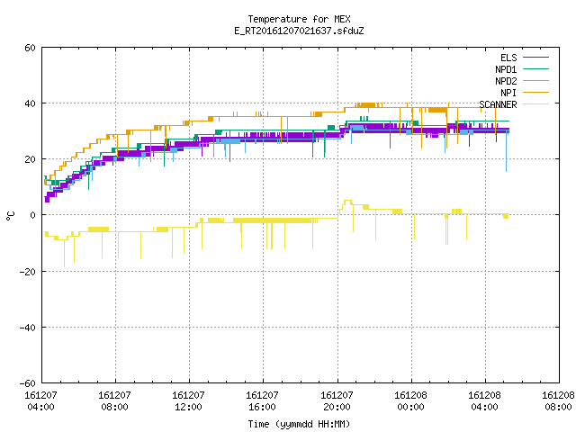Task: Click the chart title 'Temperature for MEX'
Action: (x=299, y=19)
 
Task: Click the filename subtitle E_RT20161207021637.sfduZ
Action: (x=299, y=31)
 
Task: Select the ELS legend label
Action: (x=508, y=58)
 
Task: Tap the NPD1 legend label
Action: (x=506, y=69)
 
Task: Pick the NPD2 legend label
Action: (x=506, y=81)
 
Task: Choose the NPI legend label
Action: (x=508, y=93)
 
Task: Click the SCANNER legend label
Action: (x=498, y=104)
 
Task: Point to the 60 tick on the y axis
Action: (x=30, y=48)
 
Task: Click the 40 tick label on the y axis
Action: (x=30, y=103)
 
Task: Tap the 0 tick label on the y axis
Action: (x=33, y=215)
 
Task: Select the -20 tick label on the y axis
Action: (x=28, y=272)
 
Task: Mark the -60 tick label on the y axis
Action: (x=28, y=383)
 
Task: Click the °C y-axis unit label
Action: (x=10, y=216)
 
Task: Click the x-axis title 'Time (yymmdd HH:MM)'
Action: (x=299, y=424)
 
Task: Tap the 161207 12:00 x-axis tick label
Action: (x=188, y=401)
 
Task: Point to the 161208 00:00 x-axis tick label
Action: (x=410, y=401)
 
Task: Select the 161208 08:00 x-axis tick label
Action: (x=558, y=401)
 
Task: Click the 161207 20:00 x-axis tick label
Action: (x=337, y=401)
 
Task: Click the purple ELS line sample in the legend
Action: (x=535, y=58)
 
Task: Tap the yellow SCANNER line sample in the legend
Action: (x=535, y=104)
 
